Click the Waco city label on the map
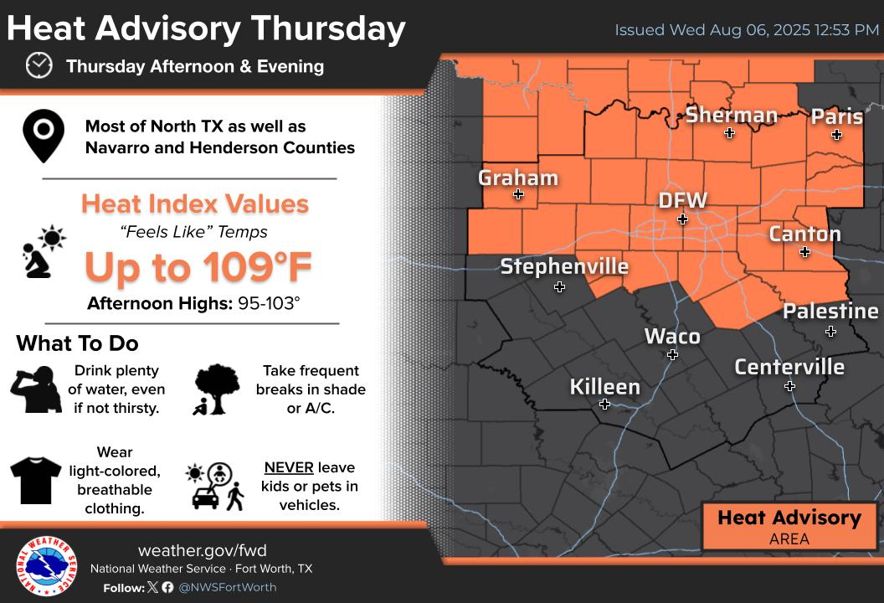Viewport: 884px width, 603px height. [672, 337]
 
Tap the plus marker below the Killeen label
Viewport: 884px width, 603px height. [604, 405]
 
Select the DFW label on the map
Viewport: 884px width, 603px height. [682, 201]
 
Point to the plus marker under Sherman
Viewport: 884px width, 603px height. [729, 133]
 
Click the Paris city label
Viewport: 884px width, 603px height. [836, 116]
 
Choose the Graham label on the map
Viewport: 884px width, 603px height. [517, 178]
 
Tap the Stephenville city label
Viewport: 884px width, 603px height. [564, 266]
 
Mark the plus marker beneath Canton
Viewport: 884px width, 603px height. [804, 252]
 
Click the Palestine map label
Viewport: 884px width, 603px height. [830, 312]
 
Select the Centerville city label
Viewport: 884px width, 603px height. [789, 367]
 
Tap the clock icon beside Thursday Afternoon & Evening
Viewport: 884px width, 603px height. [39, 65]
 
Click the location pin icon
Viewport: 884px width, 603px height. [44, 137]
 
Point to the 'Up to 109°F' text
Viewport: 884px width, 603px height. [198, 267]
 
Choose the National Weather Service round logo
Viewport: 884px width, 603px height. [46, 567]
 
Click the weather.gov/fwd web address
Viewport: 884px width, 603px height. [202, 550]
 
